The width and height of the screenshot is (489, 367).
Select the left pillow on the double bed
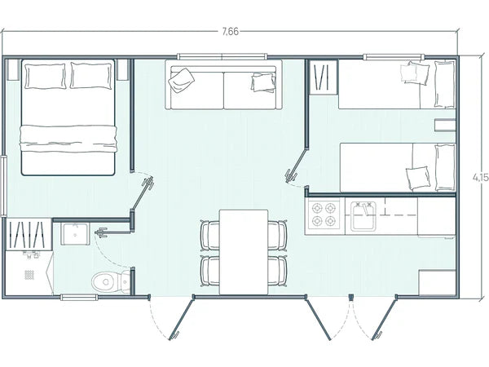click(45, 77)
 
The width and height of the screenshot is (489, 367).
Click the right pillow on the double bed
click(90, 77)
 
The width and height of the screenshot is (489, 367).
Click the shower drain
click(30, 276)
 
